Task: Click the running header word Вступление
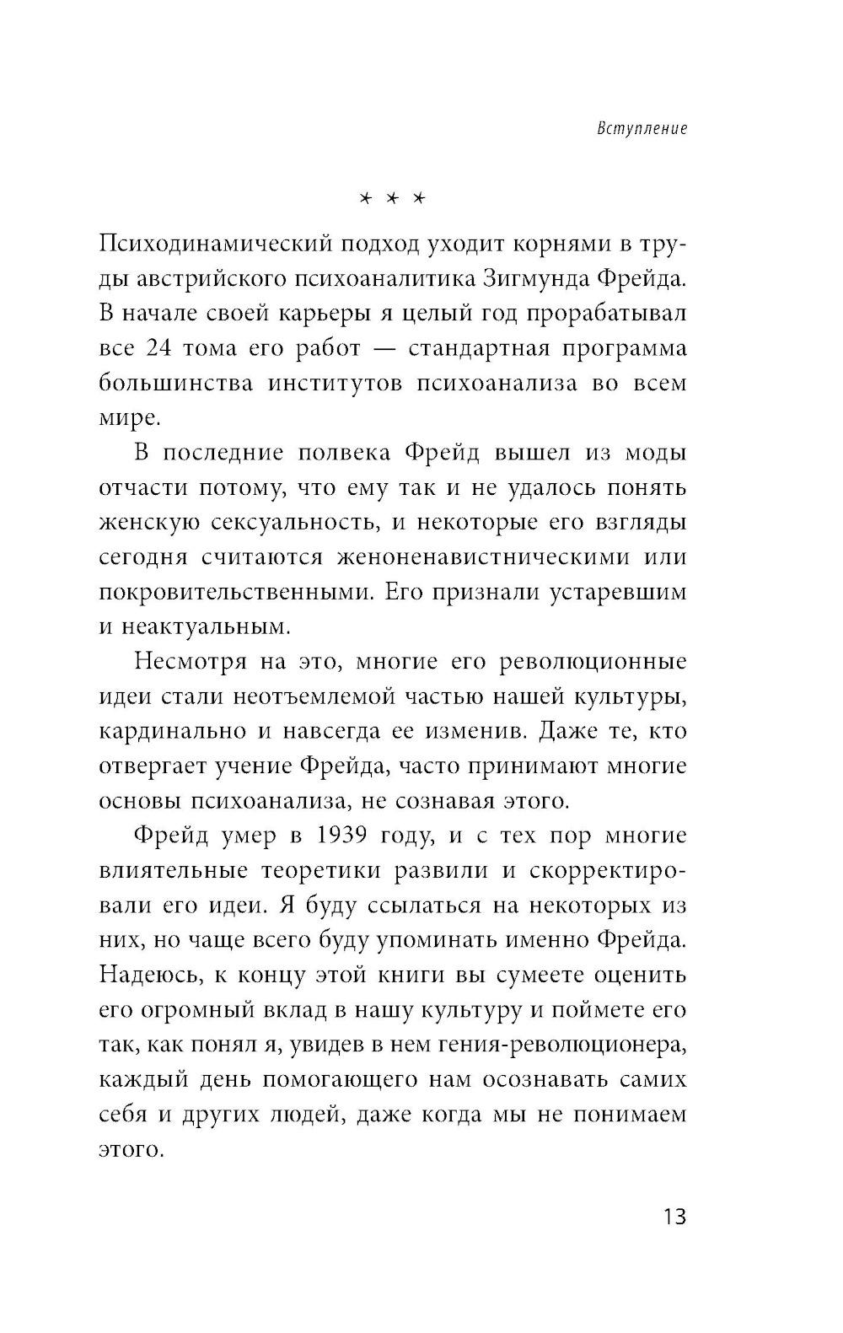[x=642, y=129]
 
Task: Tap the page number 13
[x=674, y=1217]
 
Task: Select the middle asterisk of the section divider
[x=390, y=199]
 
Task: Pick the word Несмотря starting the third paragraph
[x=190, y=662]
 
